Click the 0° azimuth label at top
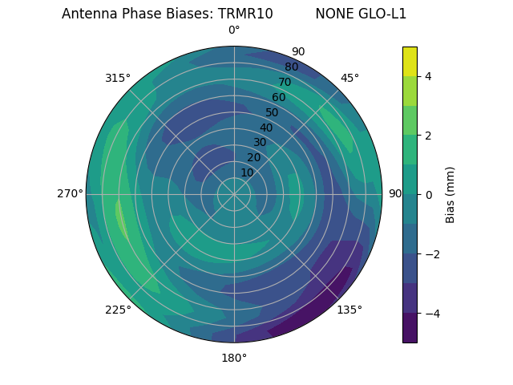coord(234,30)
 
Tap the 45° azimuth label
coord(349,78)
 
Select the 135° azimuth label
coord(349,310)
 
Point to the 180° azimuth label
coord(234,358)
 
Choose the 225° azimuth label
coord(118,310)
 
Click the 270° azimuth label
coord(70,193)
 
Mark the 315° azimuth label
coord(118,78)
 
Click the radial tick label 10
coord(247,172)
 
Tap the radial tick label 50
coord(272,112)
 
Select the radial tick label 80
coord(291,67)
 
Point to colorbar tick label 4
coord(429,76)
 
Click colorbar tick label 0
coord(429,195)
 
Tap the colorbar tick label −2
coord(432,254)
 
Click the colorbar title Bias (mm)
coord(450,195)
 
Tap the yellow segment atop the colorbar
coord(410,61)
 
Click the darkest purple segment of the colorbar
coord(410,328)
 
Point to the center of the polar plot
coord(234,194)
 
